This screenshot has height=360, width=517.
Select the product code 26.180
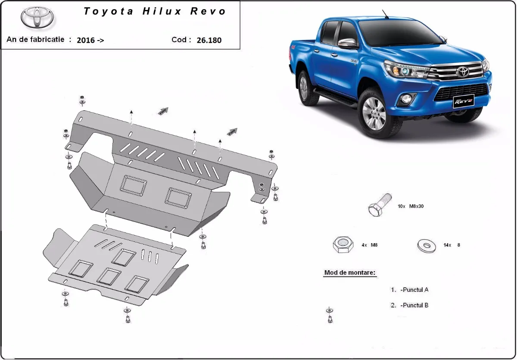[x=209, y=40]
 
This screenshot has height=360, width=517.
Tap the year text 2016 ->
[x=90, y=40]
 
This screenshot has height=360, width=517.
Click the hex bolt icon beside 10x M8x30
[x=379, y=205]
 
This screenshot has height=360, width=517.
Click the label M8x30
[x=416, y=207]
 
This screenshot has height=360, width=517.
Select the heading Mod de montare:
[x=349, y=273]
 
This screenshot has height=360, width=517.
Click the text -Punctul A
[x=414, y=290]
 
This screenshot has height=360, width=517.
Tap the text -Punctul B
[x=414, y=305]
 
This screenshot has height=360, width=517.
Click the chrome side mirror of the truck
[x=348, y=43]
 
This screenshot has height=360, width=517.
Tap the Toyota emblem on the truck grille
[x=463, y=72]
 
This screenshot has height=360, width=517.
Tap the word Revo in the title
[x=208, y=12]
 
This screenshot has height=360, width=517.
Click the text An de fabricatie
[x=35, y=39]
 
